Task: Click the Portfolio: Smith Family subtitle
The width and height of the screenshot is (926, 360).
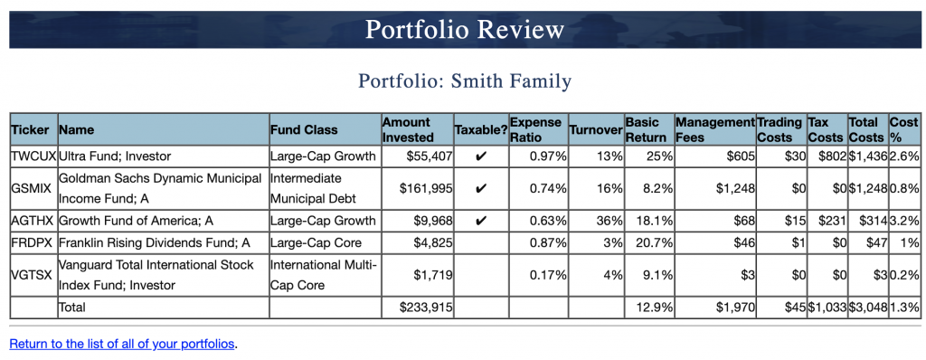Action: pyautogui.click(x=464, y=81)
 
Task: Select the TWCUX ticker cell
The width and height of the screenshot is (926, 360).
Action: pyautogui.click(x=33, y=156)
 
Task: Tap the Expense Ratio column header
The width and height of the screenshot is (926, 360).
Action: pyautogui.click(x=534, y=129)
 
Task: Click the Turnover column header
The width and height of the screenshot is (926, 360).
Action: pyautogui.click(x=596, y=130)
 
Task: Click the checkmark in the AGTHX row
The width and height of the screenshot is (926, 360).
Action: pyautogui.click(x=480, y=220)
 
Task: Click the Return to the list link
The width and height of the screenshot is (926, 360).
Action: pyautogui.click(x=121, y=344)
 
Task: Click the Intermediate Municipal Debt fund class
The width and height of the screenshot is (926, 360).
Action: pyautogui.click(x=314, y=188)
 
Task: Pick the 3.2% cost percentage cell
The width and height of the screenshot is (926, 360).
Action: pyautogui.click(x=905, y=220)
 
